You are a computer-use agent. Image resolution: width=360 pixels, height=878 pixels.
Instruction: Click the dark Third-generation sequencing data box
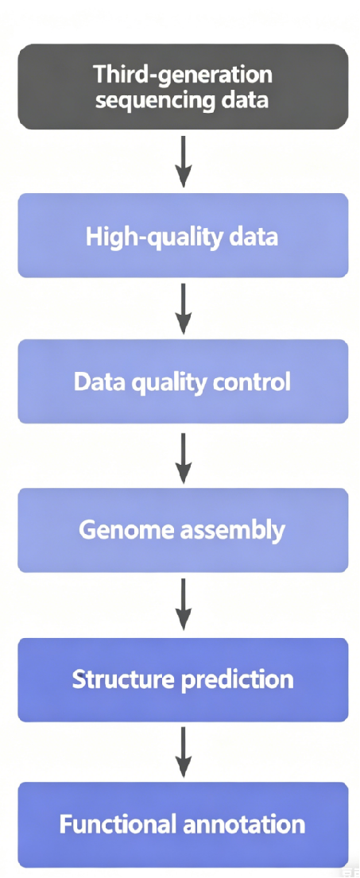(x=183, y=87)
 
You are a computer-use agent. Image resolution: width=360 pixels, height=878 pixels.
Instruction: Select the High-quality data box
(x=183, y=235)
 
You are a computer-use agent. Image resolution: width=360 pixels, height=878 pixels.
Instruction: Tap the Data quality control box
(x=183, y=381)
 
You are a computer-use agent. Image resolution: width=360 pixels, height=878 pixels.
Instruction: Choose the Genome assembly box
(x=183, y=530)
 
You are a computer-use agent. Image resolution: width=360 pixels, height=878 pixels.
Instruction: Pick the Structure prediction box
(x=183, y=680)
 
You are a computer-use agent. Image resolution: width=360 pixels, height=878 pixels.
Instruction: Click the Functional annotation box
(x=183, y=825)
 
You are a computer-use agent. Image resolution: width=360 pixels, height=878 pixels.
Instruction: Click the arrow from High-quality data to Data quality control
(x=184, y=308)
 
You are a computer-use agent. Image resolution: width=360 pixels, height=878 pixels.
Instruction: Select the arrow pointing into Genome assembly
(x=184, y=456)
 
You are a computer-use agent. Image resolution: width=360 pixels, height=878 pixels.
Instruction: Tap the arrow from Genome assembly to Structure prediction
(x=184, y=605)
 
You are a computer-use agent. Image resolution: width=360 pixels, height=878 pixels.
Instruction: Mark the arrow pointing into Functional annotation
(x=184, y=752)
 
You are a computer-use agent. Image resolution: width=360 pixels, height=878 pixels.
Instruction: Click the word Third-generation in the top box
(x=183, y=75)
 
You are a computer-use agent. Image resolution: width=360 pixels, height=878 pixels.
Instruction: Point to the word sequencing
(x=153, y=102)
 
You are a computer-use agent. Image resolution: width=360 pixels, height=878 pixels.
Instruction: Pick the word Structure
(x=118, y=679)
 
